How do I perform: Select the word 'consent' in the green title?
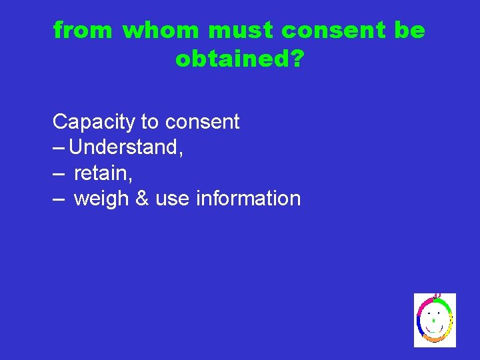point(333,31)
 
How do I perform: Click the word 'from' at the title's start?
point(83,31)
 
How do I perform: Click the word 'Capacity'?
point(94,122)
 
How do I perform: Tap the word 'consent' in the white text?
point(202,122)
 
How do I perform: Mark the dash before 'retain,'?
point(59,173)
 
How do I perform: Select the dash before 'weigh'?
point(59,199)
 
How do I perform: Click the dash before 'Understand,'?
point(59,147)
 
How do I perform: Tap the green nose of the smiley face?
point(434,321)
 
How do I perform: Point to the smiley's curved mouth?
point(434,330)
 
